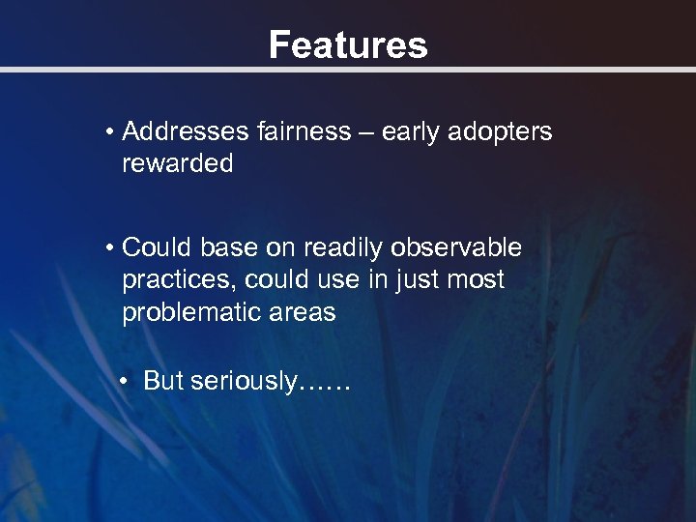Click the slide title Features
pos(347,44)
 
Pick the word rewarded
pos(177,164)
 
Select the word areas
pos(304,313)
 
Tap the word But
pos(163,381)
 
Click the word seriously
pos(246,382)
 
